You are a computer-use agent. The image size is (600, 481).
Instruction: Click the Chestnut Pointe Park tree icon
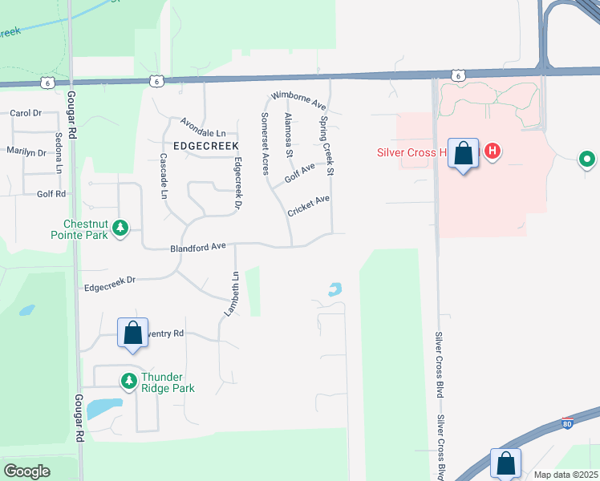coord(120,228)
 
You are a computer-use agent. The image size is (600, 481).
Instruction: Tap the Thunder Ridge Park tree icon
coord(128,381)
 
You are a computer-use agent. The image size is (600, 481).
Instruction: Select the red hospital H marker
coord(493,150)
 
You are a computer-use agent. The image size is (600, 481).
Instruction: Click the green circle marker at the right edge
coord(587,160)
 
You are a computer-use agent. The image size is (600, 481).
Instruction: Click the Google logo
coord(26,471)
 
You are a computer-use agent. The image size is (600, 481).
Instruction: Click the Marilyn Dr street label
coord(27,151)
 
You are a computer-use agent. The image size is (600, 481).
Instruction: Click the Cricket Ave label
coord(309,204)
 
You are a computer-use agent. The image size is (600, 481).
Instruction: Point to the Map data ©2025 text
coord(566,475)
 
